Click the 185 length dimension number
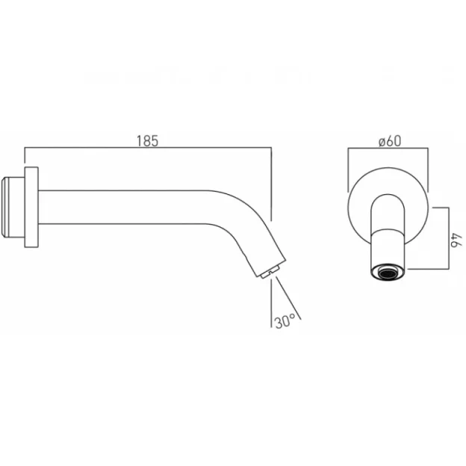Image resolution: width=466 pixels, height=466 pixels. (x=147, y=141)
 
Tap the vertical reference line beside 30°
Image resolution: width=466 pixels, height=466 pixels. (x=271, y=302)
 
